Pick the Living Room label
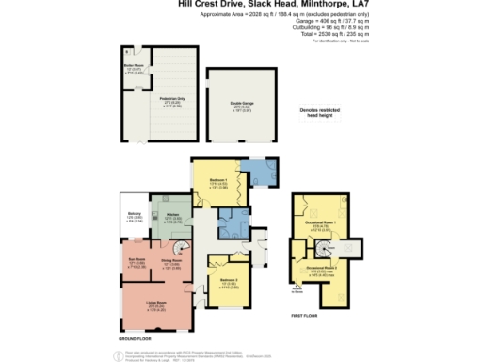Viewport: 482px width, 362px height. (153, 304)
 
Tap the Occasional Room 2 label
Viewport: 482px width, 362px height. (320, 269)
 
